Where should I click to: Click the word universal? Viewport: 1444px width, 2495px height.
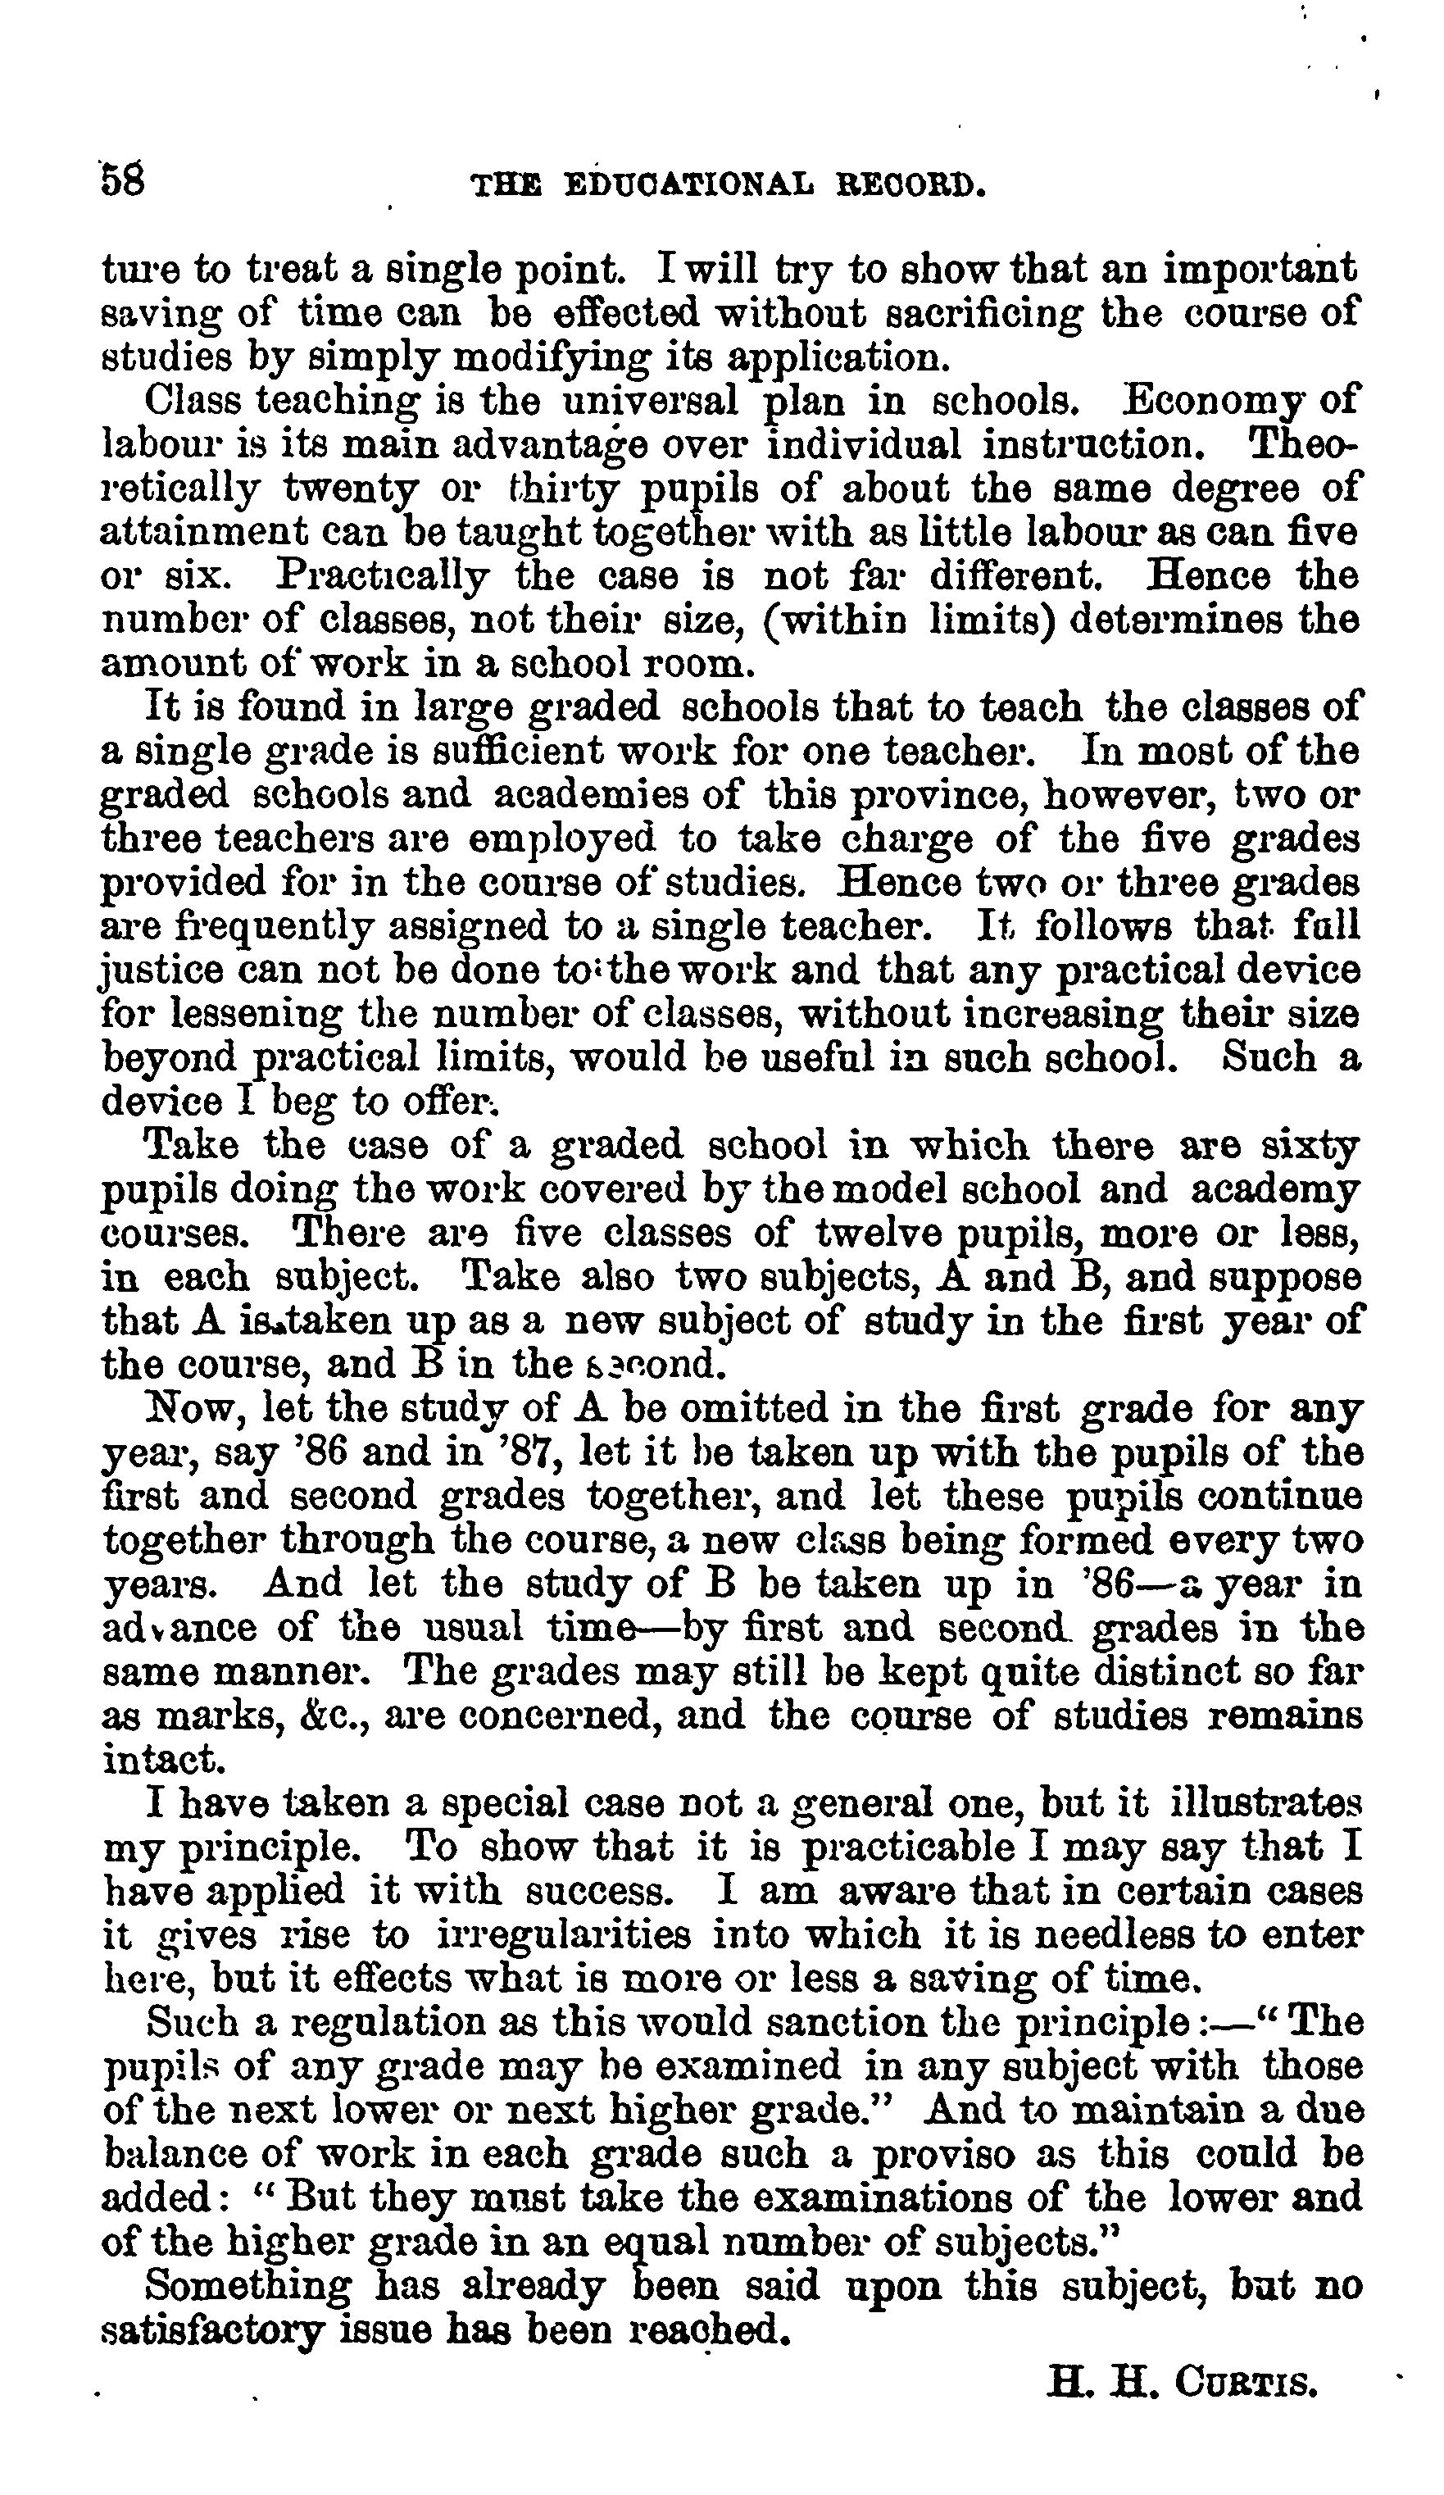(648, 401)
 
